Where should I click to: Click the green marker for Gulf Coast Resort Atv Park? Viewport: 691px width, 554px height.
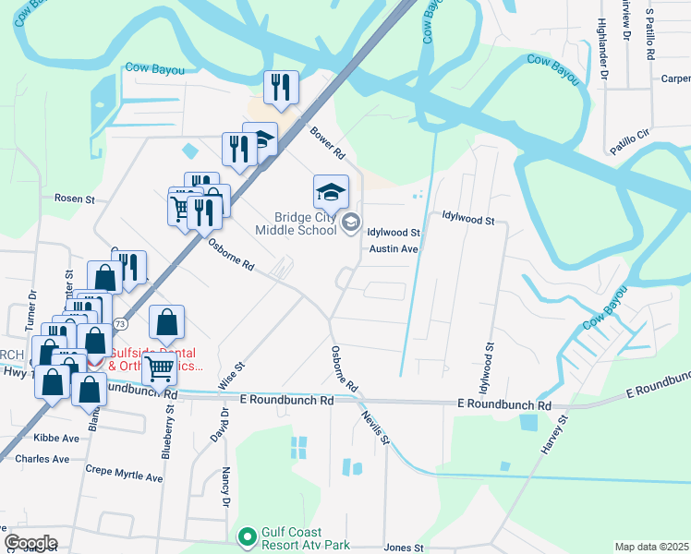247,536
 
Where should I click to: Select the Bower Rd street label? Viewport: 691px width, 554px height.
326,141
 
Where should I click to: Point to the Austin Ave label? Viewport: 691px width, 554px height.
394,249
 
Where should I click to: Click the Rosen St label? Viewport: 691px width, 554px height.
75,199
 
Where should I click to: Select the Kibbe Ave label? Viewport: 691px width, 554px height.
58,438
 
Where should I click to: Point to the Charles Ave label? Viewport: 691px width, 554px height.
42,459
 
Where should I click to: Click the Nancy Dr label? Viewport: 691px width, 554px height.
225,488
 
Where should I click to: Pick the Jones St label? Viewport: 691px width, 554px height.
403,548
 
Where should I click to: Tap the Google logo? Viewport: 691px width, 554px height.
30,543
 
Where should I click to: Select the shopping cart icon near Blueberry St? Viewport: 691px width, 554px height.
161,368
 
